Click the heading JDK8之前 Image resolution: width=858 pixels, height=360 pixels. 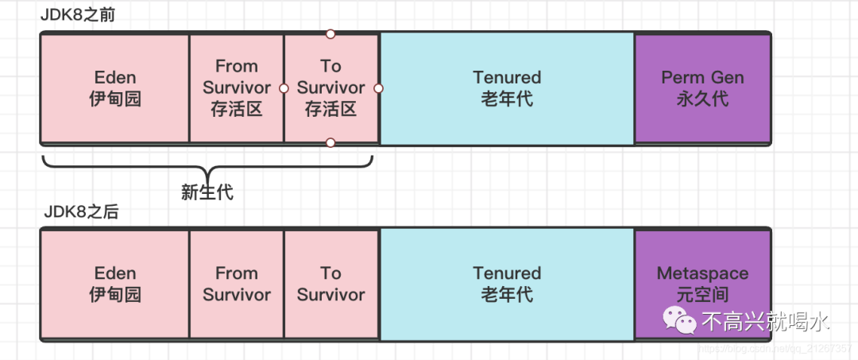[83, 15]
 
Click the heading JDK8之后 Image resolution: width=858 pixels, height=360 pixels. [83, 214]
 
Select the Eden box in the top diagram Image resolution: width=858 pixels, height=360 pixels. [115, 88]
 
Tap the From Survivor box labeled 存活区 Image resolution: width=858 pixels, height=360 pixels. [237, 88]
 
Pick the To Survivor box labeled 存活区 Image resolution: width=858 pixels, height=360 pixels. [330, 88]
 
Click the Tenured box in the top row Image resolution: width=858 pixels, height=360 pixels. [507, 88]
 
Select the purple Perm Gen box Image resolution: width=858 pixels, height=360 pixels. [702, 88]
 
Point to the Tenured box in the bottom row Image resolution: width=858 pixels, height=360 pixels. [507, 284]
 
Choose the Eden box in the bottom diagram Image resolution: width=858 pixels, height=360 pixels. [115, 284]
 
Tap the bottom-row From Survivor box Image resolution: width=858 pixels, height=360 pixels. [237, 284]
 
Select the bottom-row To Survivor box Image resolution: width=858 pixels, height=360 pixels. [330, 284]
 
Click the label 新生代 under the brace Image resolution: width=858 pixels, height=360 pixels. [207, 192]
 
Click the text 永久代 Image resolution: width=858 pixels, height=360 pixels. [702, 99]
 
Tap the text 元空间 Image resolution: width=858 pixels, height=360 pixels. [702, 295]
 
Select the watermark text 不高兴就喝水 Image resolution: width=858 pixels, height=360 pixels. [766, 321]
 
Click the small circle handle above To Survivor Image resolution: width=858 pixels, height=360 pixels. [330, 33]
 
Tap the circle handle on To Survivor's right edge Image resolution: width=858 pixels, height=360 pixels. [378, 88]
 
